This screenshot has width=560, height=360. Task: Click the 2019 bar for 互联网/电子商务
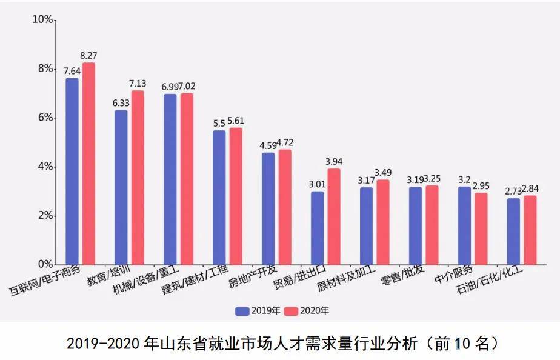[72, 172]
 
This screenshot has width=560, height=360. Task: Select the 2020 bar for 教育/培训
[138, 178]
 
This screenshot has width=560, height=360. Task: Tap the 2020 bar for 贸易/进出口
[334, 216]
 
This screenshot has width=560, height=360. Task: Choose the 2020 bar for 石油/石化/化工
[530, 230]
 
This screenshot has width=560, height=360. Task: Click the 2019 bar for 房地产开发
[268, 208]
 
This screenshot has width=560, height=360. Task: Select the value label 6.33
[121, 103]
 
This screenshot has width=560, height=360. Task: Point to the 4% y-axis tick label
[44, 167]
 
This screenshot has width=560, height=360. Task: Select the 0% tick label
[44, 265]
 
